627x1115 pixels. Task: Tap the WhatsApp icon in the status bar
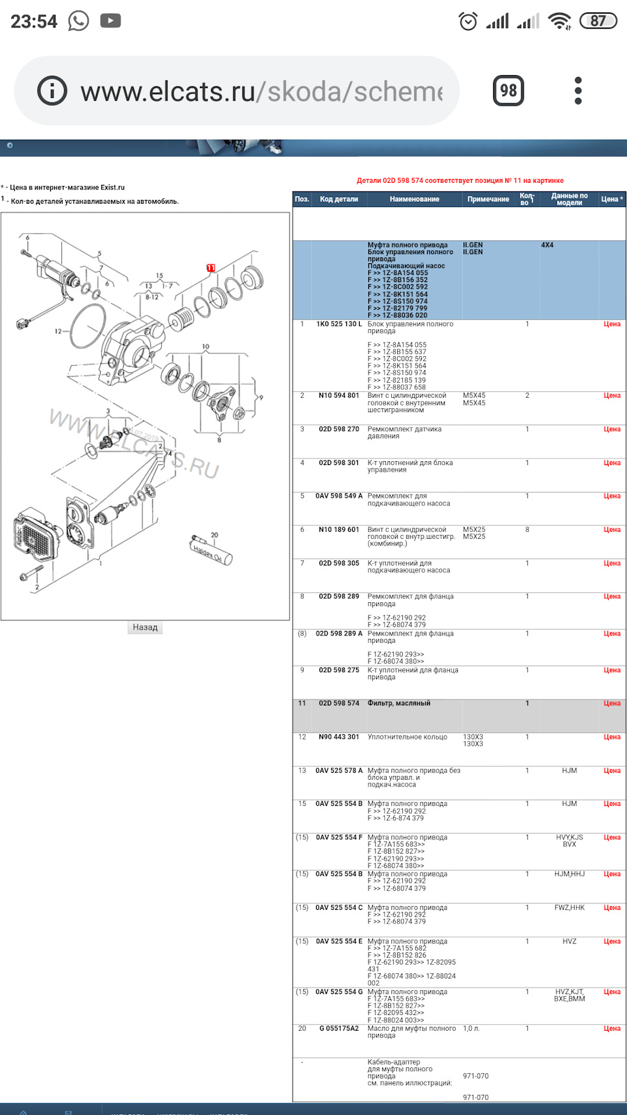[x=78, y=21]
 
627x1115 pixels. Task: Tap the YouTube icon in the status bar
[x=110, y=21]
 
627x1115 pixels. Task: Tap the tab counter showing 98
[x=508, y=90]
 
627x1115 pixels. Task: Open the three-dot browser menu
[x=578, y=90]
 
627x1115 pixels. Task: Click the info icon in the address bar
[x=52, y=90]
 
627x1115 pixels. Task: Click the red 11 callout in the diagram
[x=211, y=268]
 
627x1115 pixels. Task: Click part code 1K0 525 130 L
[x=339, y=324]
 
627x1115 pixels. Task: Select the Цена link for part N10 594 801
[x=612, y=395]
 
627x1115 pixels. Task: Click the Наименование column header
[x=414, y=199]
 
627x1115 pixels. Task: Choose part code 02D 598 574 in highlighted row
[x=339, y=703]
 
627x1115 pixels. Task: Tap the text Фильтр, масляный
[x=399, y=703]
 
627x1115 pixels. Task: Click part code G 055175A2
[x=339, y=1028]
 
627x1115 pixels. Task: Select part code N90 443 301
[x=339, y=737]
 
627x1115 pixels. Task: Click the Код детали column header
[x=339, y=199]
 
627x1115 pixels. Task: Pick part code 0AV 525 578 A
[x=339, y=771]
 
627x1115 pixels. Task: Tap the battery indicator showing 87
[x=598, y=21]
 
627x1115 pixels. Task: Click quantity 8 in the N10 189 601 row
[x=527, y=530]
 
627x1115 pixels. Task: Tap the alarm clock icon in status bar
[x=468, y=21]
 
